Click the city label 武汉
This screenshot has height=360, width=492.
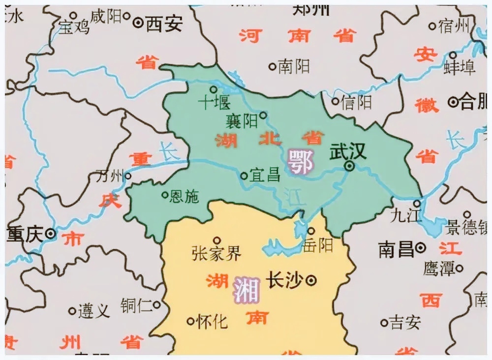click(x=348, y=151)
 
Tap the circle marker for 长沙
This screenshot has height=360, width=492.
click(x=311, y=280)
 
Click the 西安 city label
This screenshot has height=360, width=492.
click(x=164, y=23)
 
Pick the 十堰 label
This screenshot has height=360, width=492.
click(x=214, y=103)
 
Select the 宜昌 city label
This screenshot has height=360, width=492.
click(x=265, y=175)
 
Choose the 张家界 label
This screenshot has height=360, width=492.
click(x=216, y=254)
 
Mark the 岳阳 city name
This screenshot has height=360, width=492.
click(x=318, y=244)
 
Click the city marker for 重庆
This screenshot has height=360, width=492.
click(x=50, y=234)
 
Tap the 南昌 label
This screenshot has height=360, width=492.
click(x=396, y=249)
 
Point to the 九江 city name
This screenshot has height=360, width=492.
click(x=403, y=215)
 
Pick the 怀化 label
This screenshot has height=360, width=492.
click(x=212, y=322)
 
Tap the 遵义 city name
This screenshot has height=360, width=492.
click(x=94, y=311)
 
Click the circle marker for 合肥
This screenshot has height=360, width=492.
click(x=453, y=102)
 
